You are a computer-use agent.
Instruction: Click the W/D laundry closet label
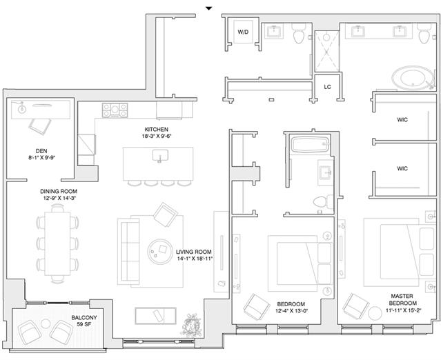(x=243, y=32)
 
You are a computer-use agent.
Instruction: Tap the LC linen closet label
(x=327, y=87)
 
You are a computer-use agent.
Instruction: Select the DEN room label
(x=41, y=151)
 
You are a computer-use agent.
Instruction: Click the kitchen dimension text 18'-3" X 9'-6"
(x=157, y=137)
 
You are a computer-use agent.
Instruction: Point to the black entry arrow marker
(x=208, y=8)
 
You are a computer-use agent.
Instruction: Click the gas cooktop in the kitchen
(x=115, y=110)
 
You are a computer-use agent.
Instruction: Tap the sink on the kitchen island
(x=160, y=156)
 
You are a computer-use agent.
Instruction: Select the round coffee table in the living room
(x=160, y=252)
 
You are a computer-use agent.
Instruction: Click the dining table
(x=57, y=243)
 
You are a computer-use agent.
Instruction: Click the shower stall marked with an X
(x=327, y=51)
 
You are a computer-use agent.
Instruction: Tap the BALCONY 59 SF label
(x=84, y=321)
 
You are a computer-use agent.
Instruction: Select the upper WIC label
(x=402, y=120)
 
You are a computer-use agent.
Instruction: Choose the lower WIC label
(x=402, y=168)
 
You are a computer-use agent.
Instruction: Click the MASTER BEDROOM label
(x=402, y=299)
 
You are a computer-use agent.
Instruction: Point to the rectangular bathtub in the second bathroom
(x=311, y=145)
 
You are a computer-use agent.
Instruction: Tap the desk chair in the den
(x=40, y=126)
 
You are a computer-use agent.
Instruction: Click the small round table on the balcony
(x=46, y=323)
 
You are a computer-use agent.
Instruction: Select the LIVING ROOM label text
(x=193, y=252)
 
